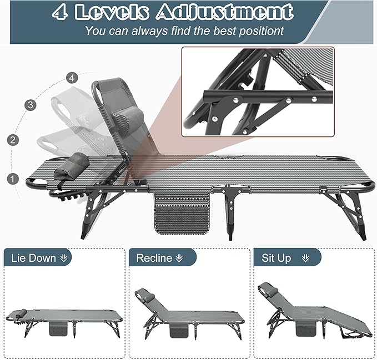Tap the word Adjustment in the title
224,12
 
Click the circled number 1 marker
11,179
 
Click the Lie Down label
33,258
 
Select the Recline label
154,258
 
